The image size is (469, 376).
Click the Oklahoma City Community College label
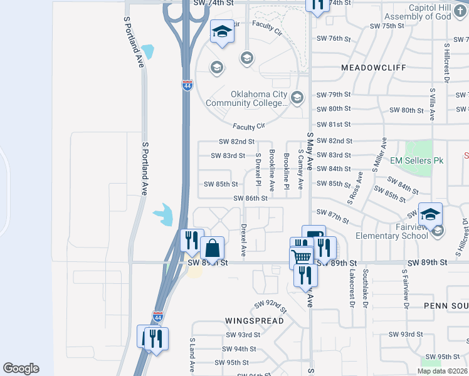[258, 99]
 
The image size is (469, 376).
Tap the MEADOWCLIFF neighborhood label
[374, 67]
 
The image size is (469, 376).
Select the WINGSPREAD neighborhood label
[255, 320]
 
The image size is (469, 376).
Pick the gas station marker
[314, 236]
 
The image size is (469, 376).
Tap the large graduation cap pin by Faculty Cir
[221, 32]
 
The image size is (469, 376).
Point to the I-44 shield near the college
[187, 85]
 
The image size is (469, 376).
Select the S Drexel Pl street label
[258, 170]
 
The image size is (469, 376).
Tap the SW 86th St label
[251, 199]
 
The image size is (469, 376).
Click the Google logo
[21, 368]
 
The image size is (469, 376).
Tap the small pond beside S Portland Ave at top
[148, 50]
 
